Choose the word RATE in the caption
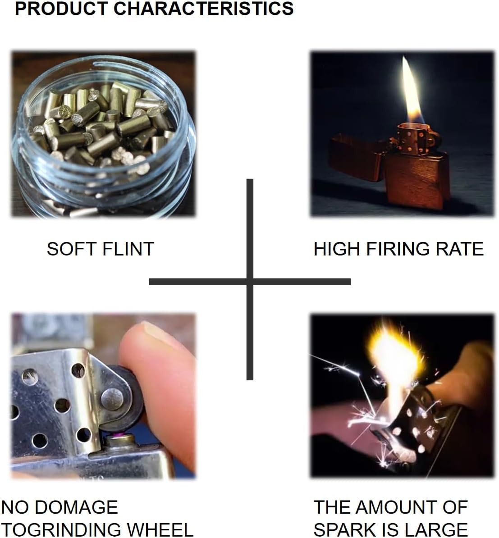coord(462,249)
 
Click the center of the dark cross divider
coord(250,282)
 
